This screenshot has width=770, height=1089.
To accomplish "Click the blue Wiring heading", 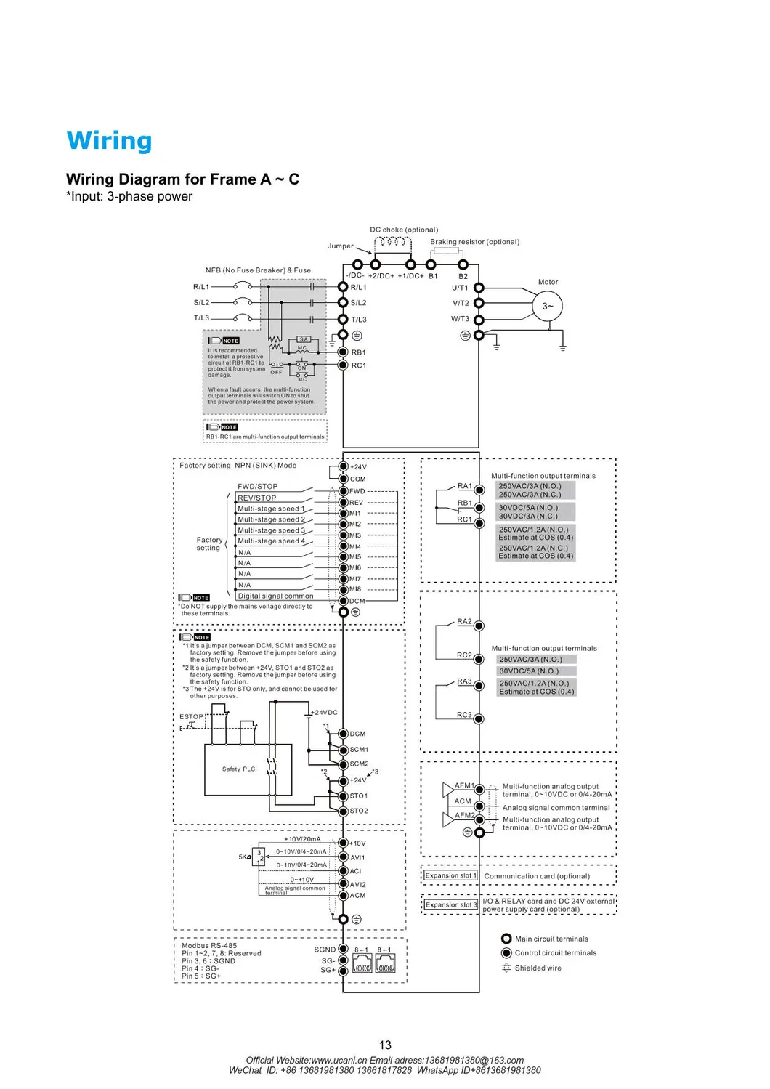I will [109, 141].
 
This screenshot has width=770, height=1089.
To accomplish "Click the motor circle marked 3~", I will [547, 306].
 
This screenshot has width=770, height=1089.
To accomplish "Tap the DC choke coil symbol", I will [393, 242].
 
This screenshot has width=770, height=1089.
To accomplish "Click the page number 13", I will [385, 1045].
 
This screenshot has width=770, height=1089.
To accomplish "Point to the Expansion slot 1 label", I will [450, 875].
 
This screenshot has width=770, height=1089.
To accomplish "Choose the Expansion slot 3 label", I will [451, 904].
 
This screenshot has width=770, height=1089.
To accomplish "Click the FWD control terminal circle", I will [344, 491].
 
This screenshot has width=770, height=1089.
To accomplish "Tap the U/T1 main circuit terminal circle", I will [479, 288].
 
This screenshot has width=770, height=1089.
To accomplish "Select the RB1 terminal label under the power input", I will [359, 352].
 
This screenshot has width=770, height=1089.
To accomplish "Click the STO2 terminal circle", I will [344, 811].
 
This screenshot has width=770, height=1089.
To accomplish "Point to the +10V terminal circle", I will [344, 843].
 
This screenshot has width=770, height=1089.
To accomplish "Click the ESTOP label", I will [192, 717].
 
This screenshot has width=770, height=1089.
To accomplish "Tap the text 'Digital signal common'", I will [276, 596].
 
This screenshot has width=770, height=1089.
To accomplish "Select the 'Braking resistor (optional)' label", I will [474, 242].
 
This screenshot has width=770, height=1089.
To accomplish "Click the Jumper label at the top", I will [341, 246].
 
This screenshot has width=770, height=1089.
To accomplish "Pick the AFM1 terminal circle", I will [479, 788].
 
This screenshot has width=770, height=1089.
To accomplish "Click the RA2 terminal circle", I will [479, 626].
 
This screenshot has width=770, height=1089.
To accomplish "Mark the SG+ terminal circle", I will [344, 971].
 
